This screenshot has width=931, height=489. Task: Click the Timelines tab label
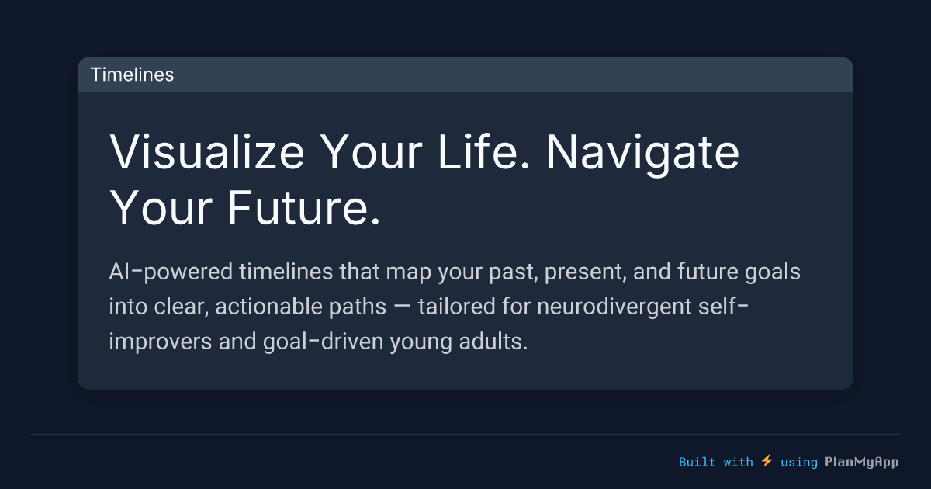coord(132,75)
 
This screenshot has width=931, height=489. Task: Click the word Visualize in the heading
coord(206,153)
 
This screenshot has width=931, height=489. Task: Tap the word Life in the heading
coord(474,153)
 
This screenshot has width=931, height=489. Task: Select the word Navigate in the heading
coord(642,153)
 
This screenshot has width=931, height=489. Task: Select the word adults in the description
coord(494,342)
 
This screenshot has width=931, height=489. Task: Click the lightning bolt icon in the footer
coord(767,461)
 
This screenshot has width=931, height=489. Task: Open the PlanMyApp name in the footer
coord(861,462)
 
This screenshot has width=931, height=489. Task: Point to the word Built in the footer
coord(697,462)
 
